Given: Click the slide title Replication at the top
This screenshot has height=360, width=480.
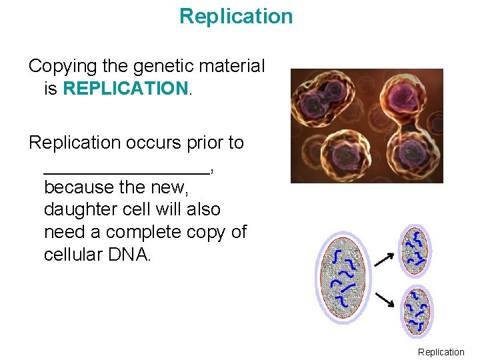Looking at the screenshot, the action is coord(236,16).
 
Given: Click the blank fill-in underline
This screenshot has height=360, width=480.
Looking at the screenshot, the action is coord(127,171).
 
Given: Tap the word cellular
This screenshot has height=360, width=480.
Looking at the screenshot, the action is coord(73,255).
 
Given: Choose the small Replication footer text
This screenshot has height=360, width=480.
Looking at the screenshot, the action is coord(441,352).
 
